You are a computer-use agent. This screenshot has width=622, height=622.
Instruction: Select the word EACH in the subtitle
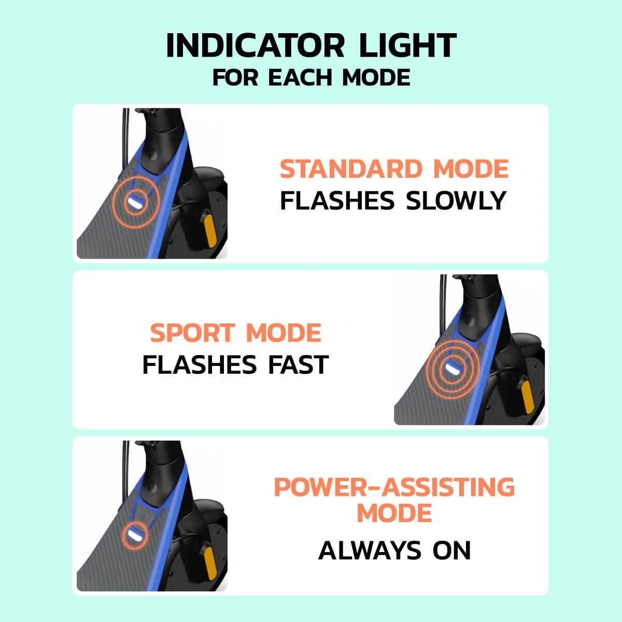coord(300,77)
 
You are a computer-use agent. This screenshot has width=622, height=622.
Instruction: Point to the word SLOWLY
coord(456,200)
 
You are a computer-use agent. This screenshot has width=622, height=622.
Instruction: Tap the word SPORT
coord(192,333)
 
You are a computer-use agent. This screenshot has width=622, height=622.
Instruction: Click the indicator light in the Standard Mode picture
coord(136,203)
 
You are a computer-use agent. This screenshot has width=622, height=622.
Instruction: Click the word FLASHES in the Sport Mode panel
coord(200,365)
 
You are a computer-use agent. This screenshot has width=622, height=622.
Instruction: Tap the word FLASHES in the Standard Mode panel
coord(337,200)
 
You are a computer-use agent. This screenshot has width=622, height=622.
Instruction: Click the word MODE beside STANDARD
coord(471,168)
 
